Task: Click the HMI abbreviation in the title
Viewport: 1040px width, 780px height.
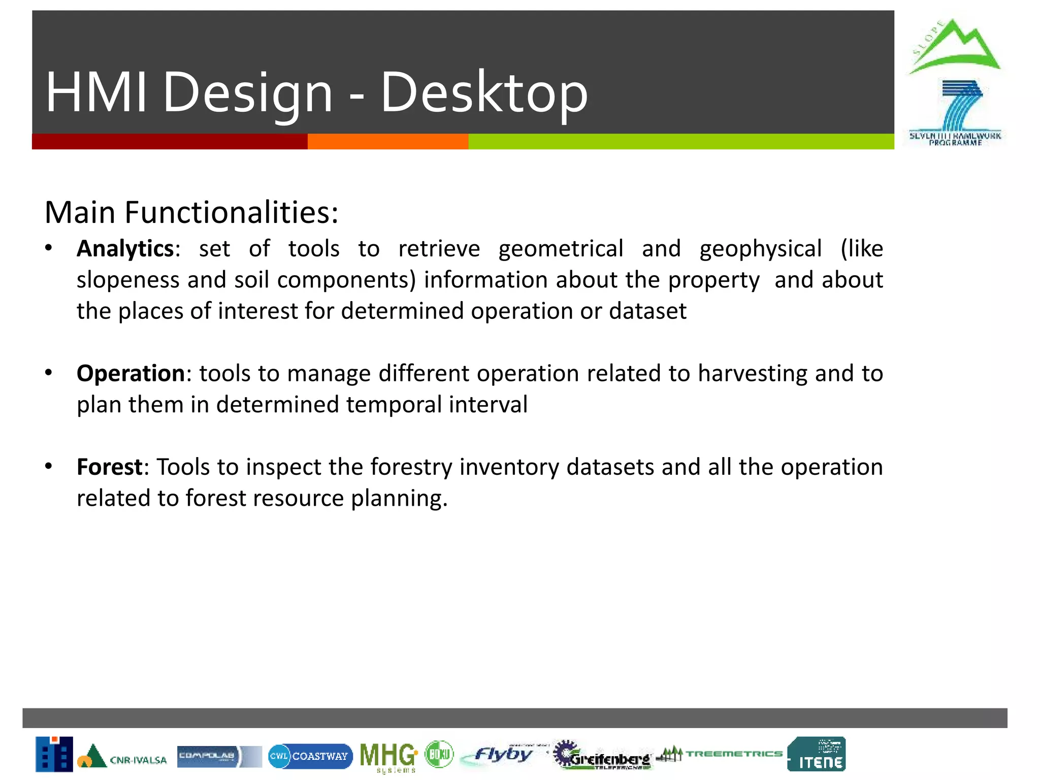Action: click(96, 93)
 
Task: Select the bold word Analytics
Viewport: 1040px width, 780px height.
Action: click(125, 249)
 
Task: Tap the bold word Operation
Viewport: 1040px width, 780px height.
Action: click(131, 373)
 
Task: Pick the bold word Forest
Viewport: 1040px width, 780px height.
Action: click(109, 467)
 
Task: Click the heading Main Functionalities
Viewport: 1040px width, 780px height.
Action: click(191, 212)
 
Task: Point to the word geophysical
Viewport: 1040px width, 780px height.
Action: click(760, 249)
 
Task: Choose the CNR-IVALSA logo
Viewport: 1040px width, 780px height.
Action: click(122, 756)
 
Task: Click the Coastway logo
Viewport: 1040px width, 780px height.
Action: click(310, 756)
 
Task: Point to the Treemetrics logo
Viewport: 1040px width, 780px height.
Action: click(720, 754)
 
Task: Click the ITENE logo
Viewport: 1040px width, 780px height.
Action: click(817, 755)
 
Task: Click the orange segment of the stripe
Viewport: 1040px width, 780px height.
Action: click(387, 142)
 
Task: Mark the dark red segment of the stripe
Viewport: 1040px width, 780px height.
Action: click(169, 142)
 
